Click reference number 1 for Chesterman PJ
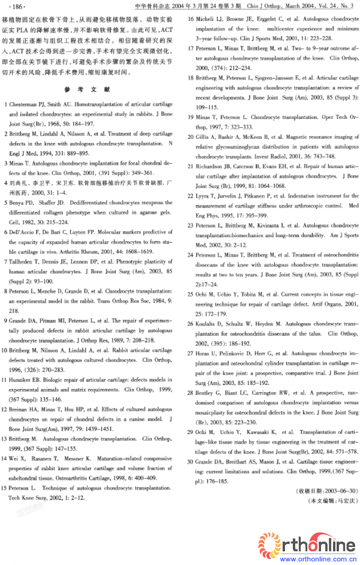(10, 103)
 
